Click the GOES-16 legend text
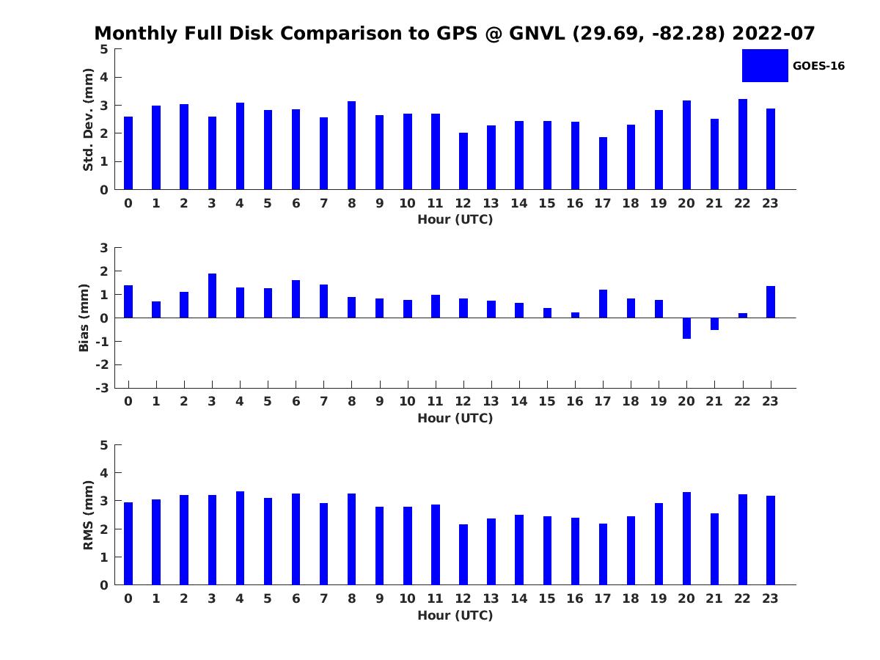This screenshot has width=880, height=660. (x=818, y=66)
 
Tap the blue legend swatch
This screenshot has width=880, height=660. (x=765, y=65)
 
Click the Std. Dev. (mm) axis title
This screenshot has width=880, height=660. (x=88, y=120)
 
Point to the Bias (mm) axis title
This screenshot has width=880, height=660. (x=84, y=318)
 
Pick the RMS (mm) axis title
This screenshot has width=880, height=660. (x=88, y=515)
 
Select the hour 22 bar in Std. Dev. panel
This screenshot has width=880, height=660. (x=743, y=144)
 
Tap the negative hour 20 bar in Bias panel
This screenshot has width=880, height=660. (x=686, y=328)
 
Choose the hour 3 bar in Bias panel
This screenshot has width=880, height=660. (x=212, y=296)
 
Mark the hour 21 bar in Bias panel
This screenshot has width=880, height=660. (x=714, y=323)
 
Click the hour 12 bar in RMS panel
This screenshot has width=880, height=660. (x=463, y=554)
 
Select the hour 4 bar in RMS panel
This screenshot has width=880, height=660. (x=240, y=538)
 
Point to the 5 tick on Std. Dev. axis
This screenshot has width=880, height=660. (x=104, y=49)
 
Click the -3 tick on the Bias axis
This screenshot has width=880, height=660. (x=102, y=388)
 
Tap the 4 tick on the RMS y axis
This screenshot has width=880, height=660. (x=104, y=473)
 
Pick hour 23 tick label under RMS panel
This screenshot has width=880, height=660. (x=771, y=598)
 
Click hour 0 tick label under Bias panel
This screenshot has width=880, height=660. (x=128, y=401)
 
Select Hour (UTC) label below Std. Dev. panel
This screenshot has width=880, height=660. (x=455, y=219)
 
